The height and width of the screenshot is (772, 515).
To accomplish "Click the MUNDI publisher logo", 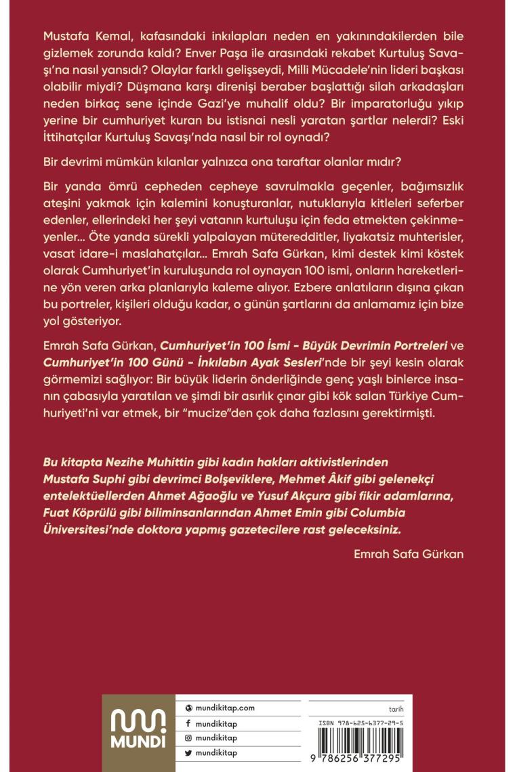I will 138,732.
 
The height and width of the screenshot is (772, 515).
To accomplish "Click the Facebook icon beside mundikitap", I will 188,723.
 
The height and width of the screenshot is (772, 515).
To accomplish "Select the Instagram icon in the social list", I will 188,738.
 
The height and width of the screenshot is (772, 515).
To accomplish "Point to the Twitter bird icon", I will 188,752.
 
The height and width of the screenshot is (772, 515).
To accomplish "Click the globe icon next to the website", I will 188,708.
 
